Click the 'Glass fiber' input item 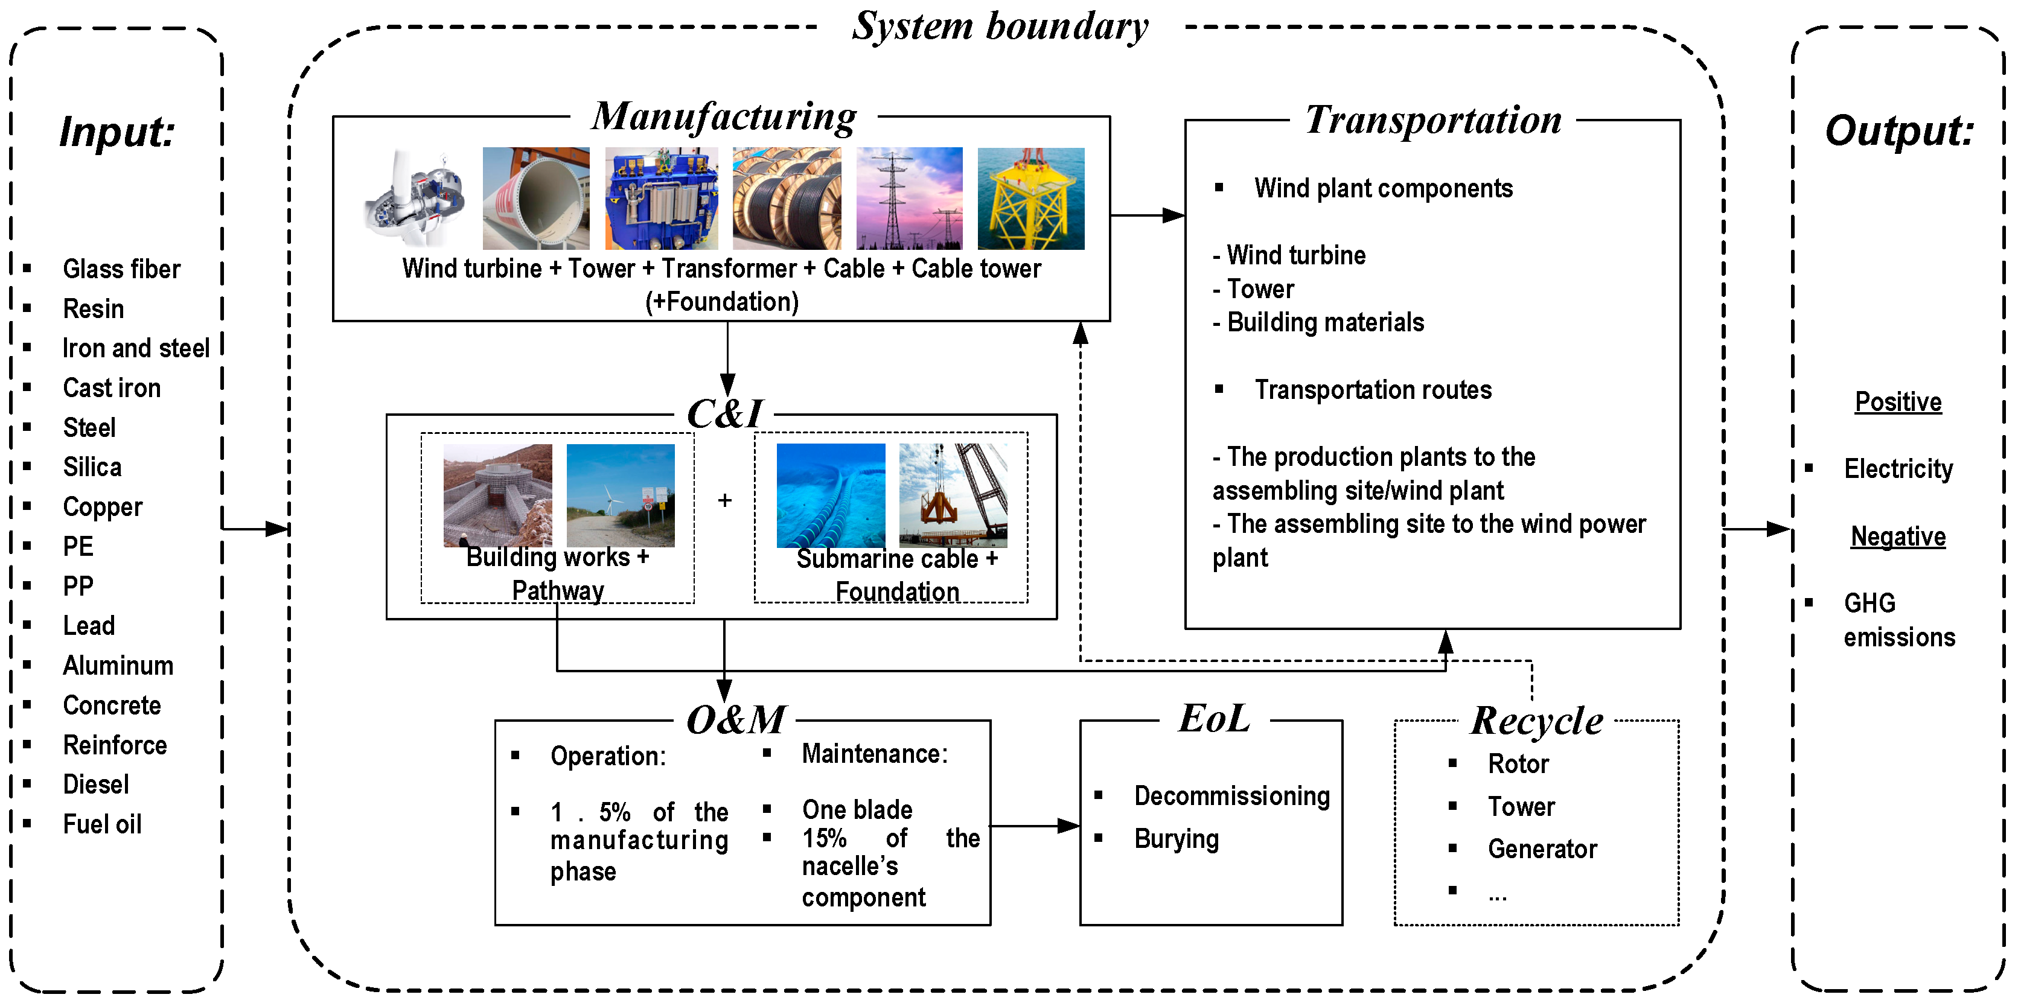121,269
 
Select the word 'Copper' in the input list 103,508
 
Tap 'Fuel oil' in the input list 102,824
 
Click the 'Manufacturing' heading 724,116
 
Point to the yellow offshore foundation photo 1031,199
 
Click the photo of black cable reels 787,199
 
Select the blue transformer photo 661,199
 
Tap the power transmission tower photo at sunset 910,199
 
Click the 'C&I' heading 724,413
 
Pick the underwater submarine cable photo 831,495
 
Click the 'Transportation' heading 1434,121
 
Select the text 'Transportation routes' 1373,390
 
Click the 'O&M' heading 736,719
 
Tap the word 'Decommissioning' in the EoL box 1232,796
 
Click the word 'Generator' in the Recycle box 1542,850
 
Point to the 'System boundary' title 1000,27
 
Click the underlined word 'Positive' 1898,403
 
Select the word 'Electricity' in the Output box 1898,469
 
